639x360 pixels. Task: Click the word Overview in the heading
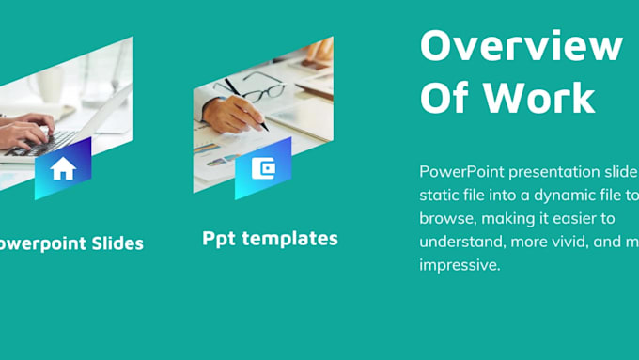tap(521, 45)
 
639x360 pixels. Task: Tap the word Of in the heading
tap(447, 98)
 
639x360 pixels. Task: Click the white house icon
tap(63, 169)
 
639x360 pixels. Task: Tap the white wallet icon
tap(263, 168)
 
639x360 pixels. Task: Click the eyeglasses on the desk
tap(252, 90)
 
